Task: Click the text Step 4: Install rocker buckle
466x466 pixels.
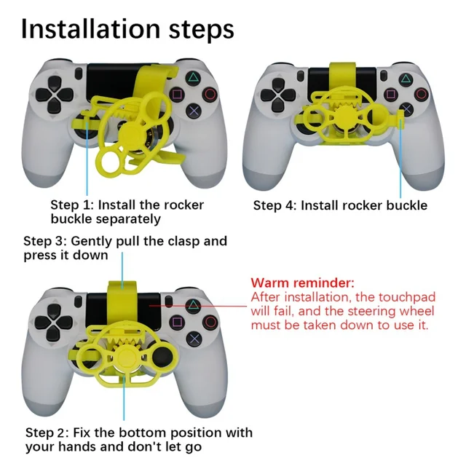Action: point(340,205)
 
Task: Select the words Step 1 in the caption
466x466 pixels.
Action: point(71,205)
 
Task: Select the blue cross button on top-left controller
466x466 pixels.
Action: point(194,111)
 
